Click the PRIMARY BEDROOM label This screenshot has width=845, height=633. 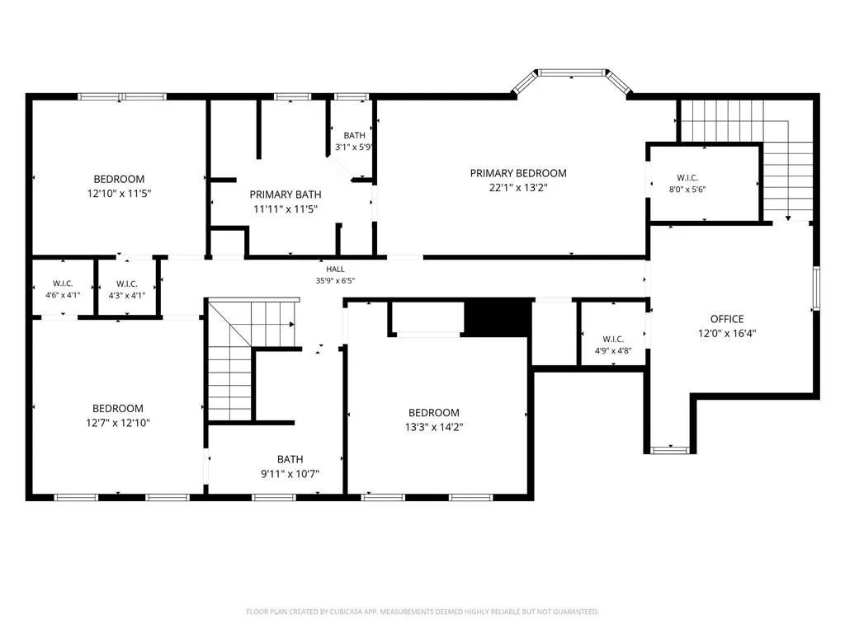point(518,173)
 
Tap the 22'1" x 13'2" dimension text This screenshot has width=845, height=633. point(518,188)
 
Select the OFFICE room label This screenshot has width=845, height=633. point(726,319)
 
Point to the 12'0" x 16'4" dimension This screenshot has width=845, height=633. point(726,334)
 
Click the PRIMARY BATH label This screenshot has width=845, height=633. point(285,195)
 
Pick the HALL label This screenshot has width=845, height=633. point(335,270)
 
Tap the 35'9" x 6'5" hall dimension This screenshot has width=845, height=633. point(335,280)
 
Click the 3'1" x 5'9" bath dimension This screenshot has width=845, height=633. point(353,147)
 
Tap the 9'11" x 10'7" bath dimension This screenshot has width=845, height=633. point(290,474)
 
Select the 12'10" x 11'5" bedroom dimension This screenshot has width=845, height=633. point(119,194)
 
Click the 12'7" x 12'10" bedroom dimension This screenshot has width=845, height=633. point(117,423)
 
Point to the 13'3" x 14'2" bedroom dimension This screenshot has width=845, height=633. point(434,428)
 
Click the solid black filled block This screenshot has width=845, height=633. point(498,318)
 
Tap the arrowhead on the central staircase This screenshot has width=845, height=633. point(291,325)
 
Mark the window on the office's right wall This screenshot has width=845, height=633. point(816,288)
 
